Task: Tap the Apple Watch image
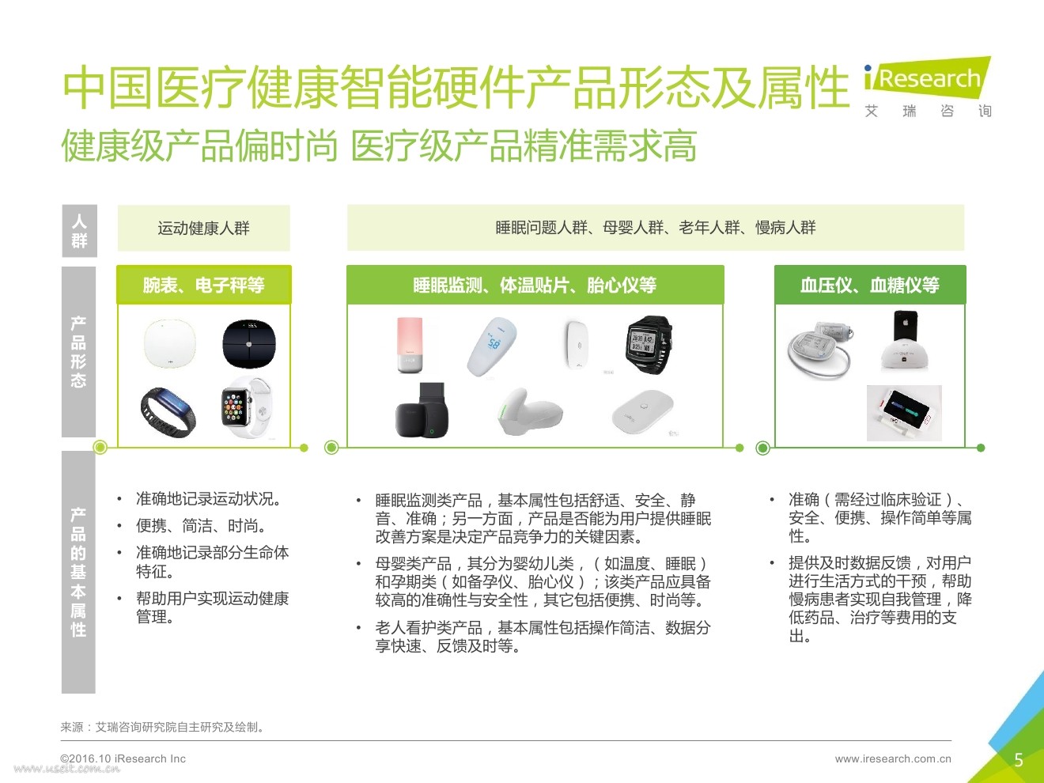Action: (246, 407)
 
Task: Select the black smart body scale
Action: (249, 343)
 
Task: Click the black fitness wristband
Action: (168, 413)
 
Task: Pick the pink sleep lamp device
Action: (410, 345)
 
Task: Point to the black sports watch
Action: (649, 345)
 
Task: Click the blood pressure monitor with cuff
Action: (820, 350)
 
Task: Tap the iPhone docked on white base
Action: (904, 340)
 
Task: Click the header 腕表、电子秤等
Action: (204, 285)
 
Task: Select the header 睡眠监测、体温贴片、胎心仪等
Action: (535, 285)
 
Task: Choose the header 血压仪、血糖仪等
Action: (870, 285)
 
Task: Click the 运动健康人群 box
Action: (204, 229)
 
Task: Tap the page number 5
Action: (1019, 760)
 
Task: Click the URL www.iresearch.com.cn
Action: (893, 758)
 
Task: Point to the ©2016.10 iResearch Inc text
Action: (123, 758)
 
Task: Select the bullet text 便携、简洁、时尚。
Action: (201, 526)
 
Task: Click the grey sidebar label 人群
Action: (79, 231)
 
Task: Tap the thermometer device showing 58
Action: (492, 346)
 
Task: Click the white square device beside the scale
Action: (169, 344)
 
